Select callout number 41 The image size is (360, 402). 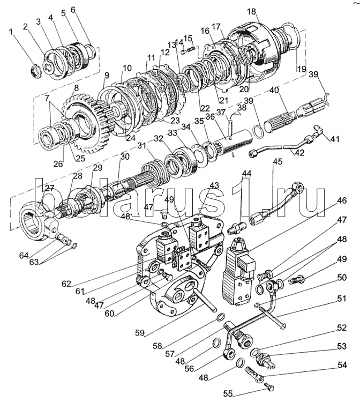335,139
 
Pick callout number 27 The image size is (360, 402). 49,188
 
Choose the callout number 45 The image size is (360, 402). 277,162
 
